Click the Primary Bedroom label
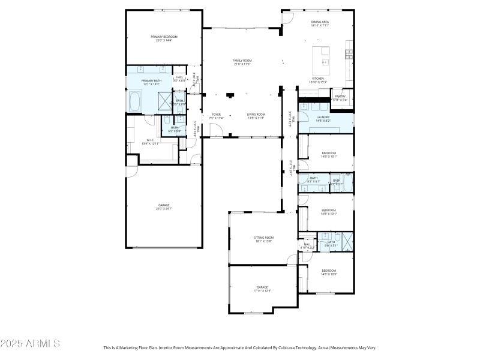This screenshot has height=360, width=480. point(164,37)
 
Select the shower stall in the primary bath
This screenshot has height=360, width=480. point(164,100)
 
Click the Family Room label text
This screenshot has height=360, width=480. point(242,61)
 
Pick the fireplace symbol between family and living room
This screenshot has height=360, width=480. point(230,94)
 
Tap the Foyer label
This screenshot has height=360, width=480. point(216,114)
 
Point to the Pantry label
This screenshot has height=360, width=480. point(340,96)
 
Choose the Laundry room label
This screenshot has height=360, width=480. point(323,117)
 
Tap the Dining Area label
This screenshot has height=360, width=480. point(319,22)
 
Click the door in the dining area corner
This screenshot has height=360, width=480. point(287,17)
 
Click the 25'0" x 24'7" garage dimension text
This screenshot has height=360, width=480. point(164,208)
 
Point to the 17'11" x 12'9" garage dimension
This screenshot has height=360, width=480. point(263,290)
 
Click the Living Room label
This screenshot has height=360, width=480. point(256,114)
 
